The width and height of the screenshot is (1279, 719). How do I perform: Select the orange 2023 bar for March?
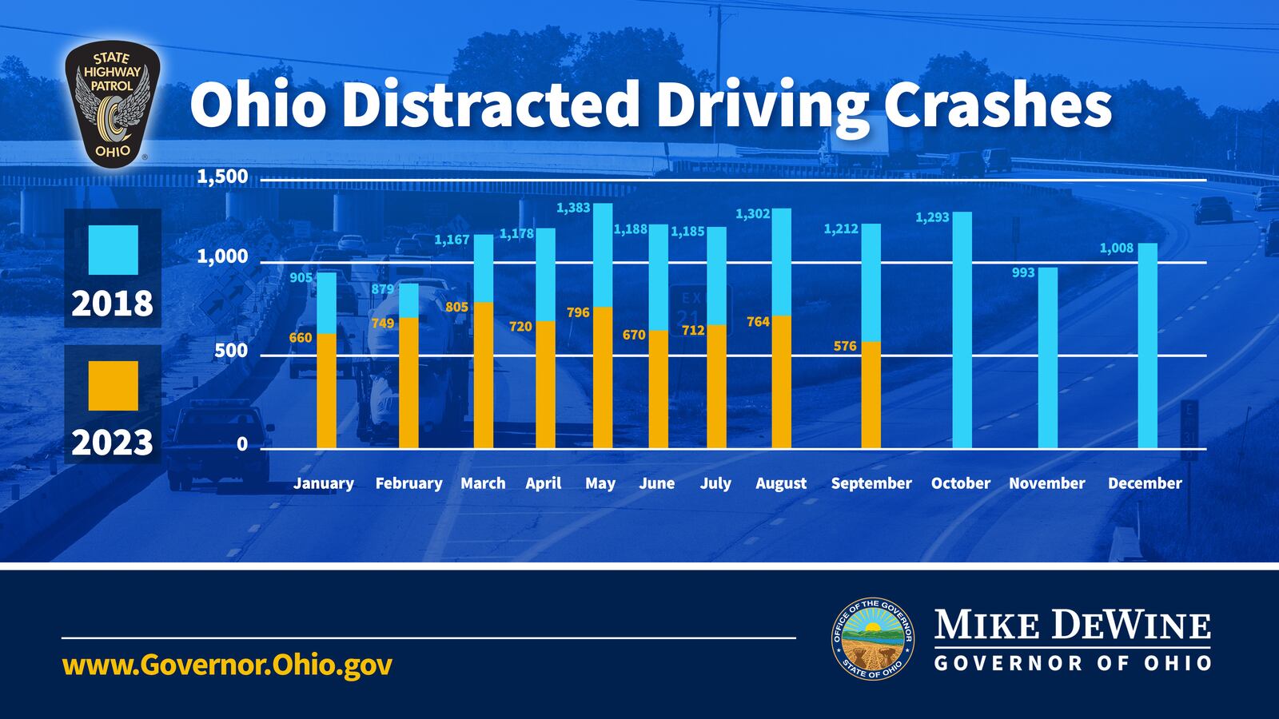(x=484, y=375)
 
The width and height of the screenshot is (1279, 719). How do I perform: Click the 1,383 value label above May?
(x=573, y=208)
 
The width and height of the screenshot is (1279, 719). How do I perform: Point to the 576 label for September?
(x=845, y=346)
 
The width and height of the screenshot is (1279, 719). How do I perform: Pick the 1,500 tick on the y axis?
(x=222, y=177)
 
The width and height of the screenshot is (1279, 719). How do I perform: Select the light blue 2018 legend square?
(x=113, y=249)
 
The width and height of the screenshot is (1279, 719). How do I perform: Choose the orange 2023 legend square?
(x=113, y=385)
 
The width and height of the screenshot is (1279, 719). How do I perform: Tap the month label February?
(x=408, y=483)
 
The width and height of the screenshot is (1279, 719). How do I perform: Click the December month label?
(x=1145, y=483)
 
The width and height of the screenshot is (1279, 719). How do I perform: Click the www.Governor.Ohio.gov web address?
(x=227, y=665)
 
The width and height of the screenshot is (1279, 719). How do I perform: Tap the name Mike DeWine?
(x=1072, y=626)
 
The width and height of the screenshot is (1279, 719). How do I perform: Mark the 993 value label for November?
(x=1023, y=272)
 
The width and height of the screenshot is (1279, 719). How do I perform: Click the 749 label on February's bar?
(x=383, y=323)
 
